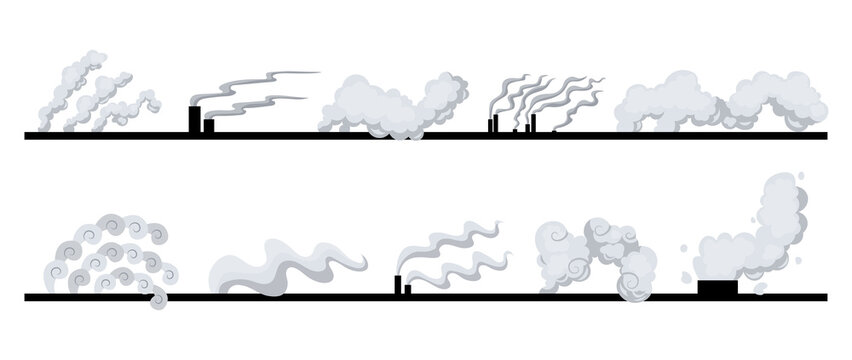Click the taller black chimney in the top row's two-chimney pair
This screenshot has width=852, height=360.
(194, 119)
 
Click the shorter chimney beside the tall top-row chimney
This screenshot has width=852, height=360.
(208, 126)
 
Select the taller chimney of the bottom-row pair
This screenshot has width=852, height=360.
(398, 284)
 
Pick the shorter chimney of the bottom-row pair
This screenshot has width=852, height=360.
(407, 289)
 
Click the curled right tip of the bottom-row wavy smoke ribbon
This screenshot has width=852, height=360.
(363, 263)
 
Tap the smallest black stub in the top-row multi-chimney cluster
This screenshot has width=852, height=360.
(514, 130)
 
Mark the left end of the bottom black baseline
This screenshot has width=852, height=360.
(27, 296)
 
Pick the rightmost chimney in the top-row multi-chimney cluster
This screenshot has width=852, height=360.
(533, 123)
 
